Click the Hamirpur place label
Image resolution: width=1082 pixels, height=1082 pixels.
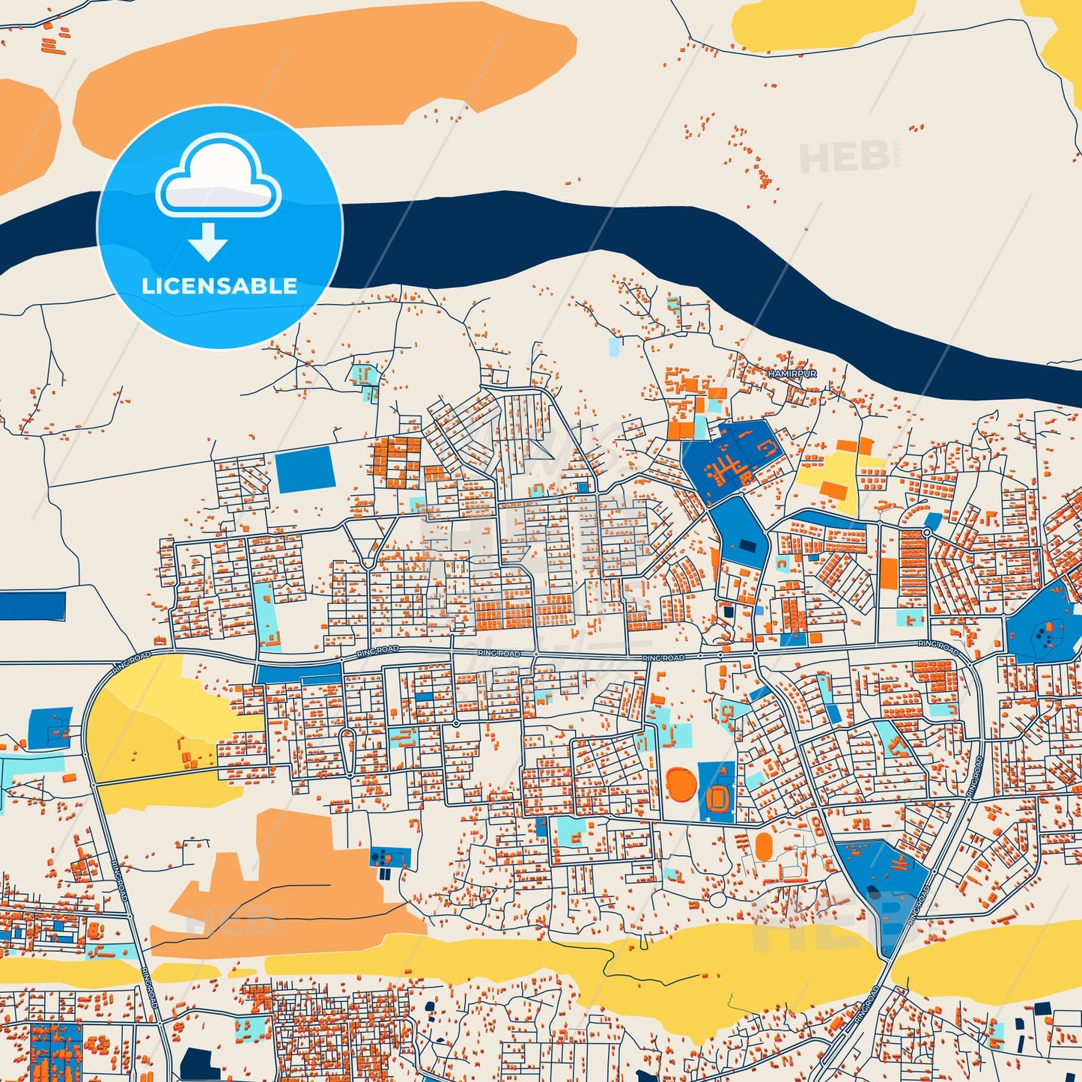point(792,373)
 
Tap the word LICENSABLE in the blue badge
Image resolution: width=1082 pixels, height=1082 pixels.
point(219,286)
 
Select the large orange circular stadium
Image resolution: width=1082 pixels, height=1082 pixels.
point(681,784)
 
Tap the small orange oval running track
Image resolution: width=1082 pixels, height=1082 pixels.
point(764,847)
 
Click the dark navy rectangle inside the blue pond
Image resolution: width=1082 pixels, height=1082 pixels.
point(747,546)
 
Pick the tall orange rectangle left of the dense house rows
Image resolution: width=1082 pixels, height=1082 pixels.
point(888,574)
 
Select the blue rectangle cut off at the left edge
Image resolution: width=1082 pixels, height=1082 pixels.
point(32,606)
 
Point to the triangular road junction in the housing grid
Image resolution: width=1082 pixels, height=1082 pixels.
point(368,546)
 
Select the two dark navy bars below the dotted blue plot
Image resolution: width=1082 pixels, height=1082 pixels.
point(385,874)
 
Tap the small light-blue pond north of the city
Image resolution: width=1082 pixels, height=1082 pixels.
point(615,346)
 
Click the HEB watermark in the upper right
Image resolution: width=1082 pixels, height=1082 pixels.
point(845,156)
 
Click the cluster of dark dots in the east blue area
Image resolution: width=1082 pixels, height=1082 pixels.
point(1044,637)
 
